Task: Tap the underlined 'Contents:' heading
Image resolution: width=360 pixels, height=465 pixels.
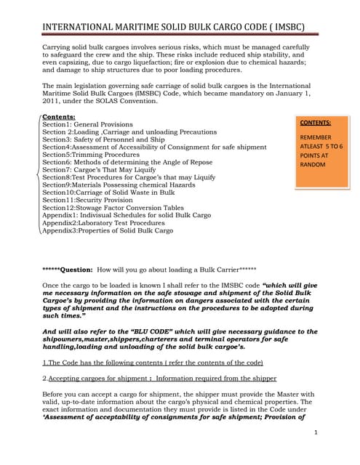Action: coord(59,116)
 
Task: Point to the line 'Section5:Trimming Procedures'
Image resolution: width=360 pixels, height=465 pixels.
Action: coord(91,155)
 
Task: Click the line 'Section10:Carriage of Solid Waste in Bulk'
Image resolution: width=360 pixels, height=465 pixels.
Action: coord(109,193)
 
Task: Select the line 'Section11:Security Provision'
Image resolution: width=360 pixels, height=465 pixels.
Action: coord(87,200)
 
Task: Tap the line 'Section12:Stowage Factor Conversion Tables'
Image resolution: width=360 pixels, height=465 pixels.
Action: coord(113,208)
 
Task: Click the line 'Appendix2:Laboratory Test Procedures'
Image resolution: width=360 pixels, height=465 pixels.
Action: coord(105,223)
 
